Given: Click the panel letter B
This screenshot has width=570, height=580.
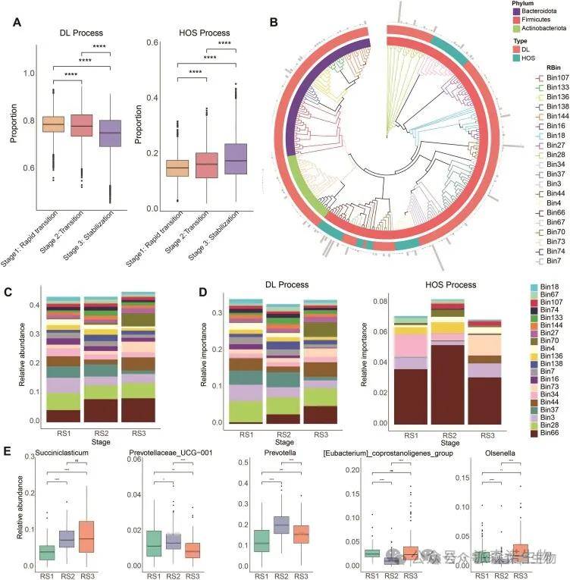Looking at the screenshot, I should pos(275,20).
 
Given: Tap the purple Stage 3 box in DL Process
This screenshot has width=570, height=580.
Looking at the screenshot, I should pos(111,133).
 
